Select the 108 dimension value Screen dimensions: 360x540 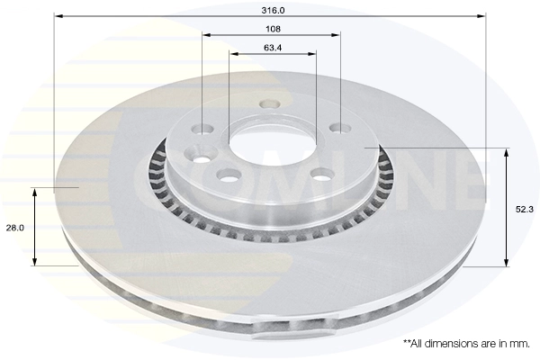pyautogui.click(x=272, y=28)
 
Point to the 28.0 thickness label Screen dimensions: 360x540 pyautogui.click(x=14, y=228)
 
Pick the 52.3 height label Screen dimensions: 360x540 pyautogui.click(x=522, y=209)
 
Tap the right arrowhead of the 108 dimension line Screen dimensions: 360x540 pyautogui.click(x=338, y=35)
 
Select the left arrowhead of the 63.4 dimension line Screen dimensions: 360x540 pyautogui.click(x=233, y=54)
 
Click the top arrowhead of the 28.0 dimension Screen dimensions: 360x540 pyautogui.click(x=35, y=192)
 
